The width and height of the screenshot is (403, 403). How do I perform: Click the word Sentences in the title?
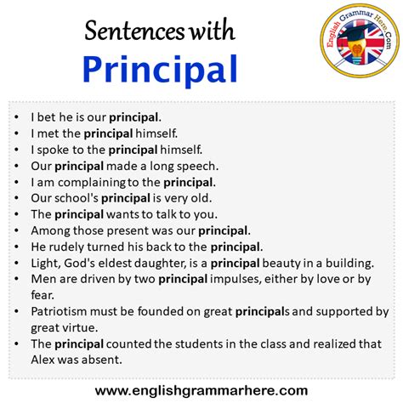pos(134,31)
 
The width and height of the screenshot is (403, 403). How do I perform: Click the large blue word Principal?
pos(160,70)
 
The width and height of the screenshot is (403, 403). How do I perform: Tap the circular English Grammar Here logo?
pos(360,41)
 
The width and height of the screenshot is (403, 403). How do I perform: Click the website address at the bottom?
pos(201,390)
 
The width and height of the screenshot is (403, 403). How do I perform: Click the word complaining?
pos(92,183)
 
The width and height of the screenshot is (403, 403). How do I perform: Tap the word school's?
pos(77,198)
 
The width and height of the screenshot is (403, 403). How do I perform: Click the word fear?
pos(43,295)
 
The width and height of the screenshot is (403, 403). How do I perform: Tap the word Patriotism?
pos(59,311)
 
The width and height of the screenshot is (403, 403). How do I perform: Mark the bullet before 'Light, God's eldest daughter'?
pos(16,264)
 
